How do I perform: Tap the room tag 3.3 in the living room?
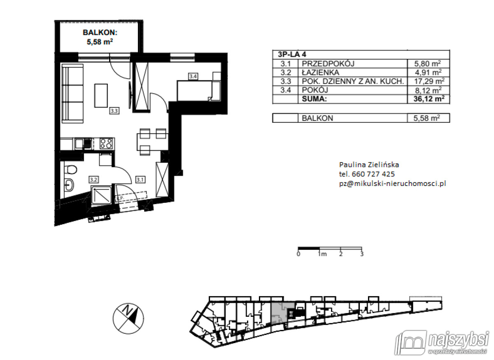114,110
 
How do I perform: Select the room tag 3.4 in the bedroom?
193,76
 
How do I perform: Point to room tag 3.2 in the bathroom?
93,179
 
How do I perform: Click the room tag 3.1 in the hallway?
140,179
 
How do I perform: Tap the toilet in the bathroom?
70,170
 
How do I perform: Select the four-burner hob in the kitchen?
107,144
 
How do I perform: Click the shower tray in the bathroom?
100,195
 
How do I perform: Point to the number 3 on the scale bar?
361,254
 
